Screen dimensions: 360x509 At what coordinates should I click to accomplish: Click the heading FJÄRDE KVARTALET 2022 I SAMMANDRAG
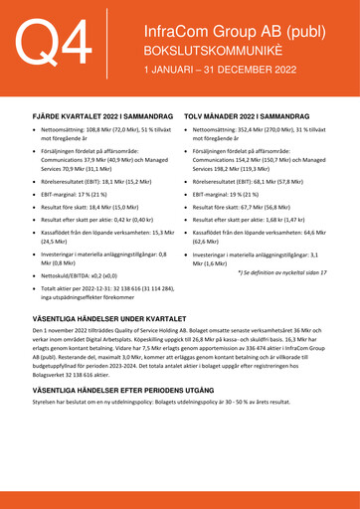[95, 116]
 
